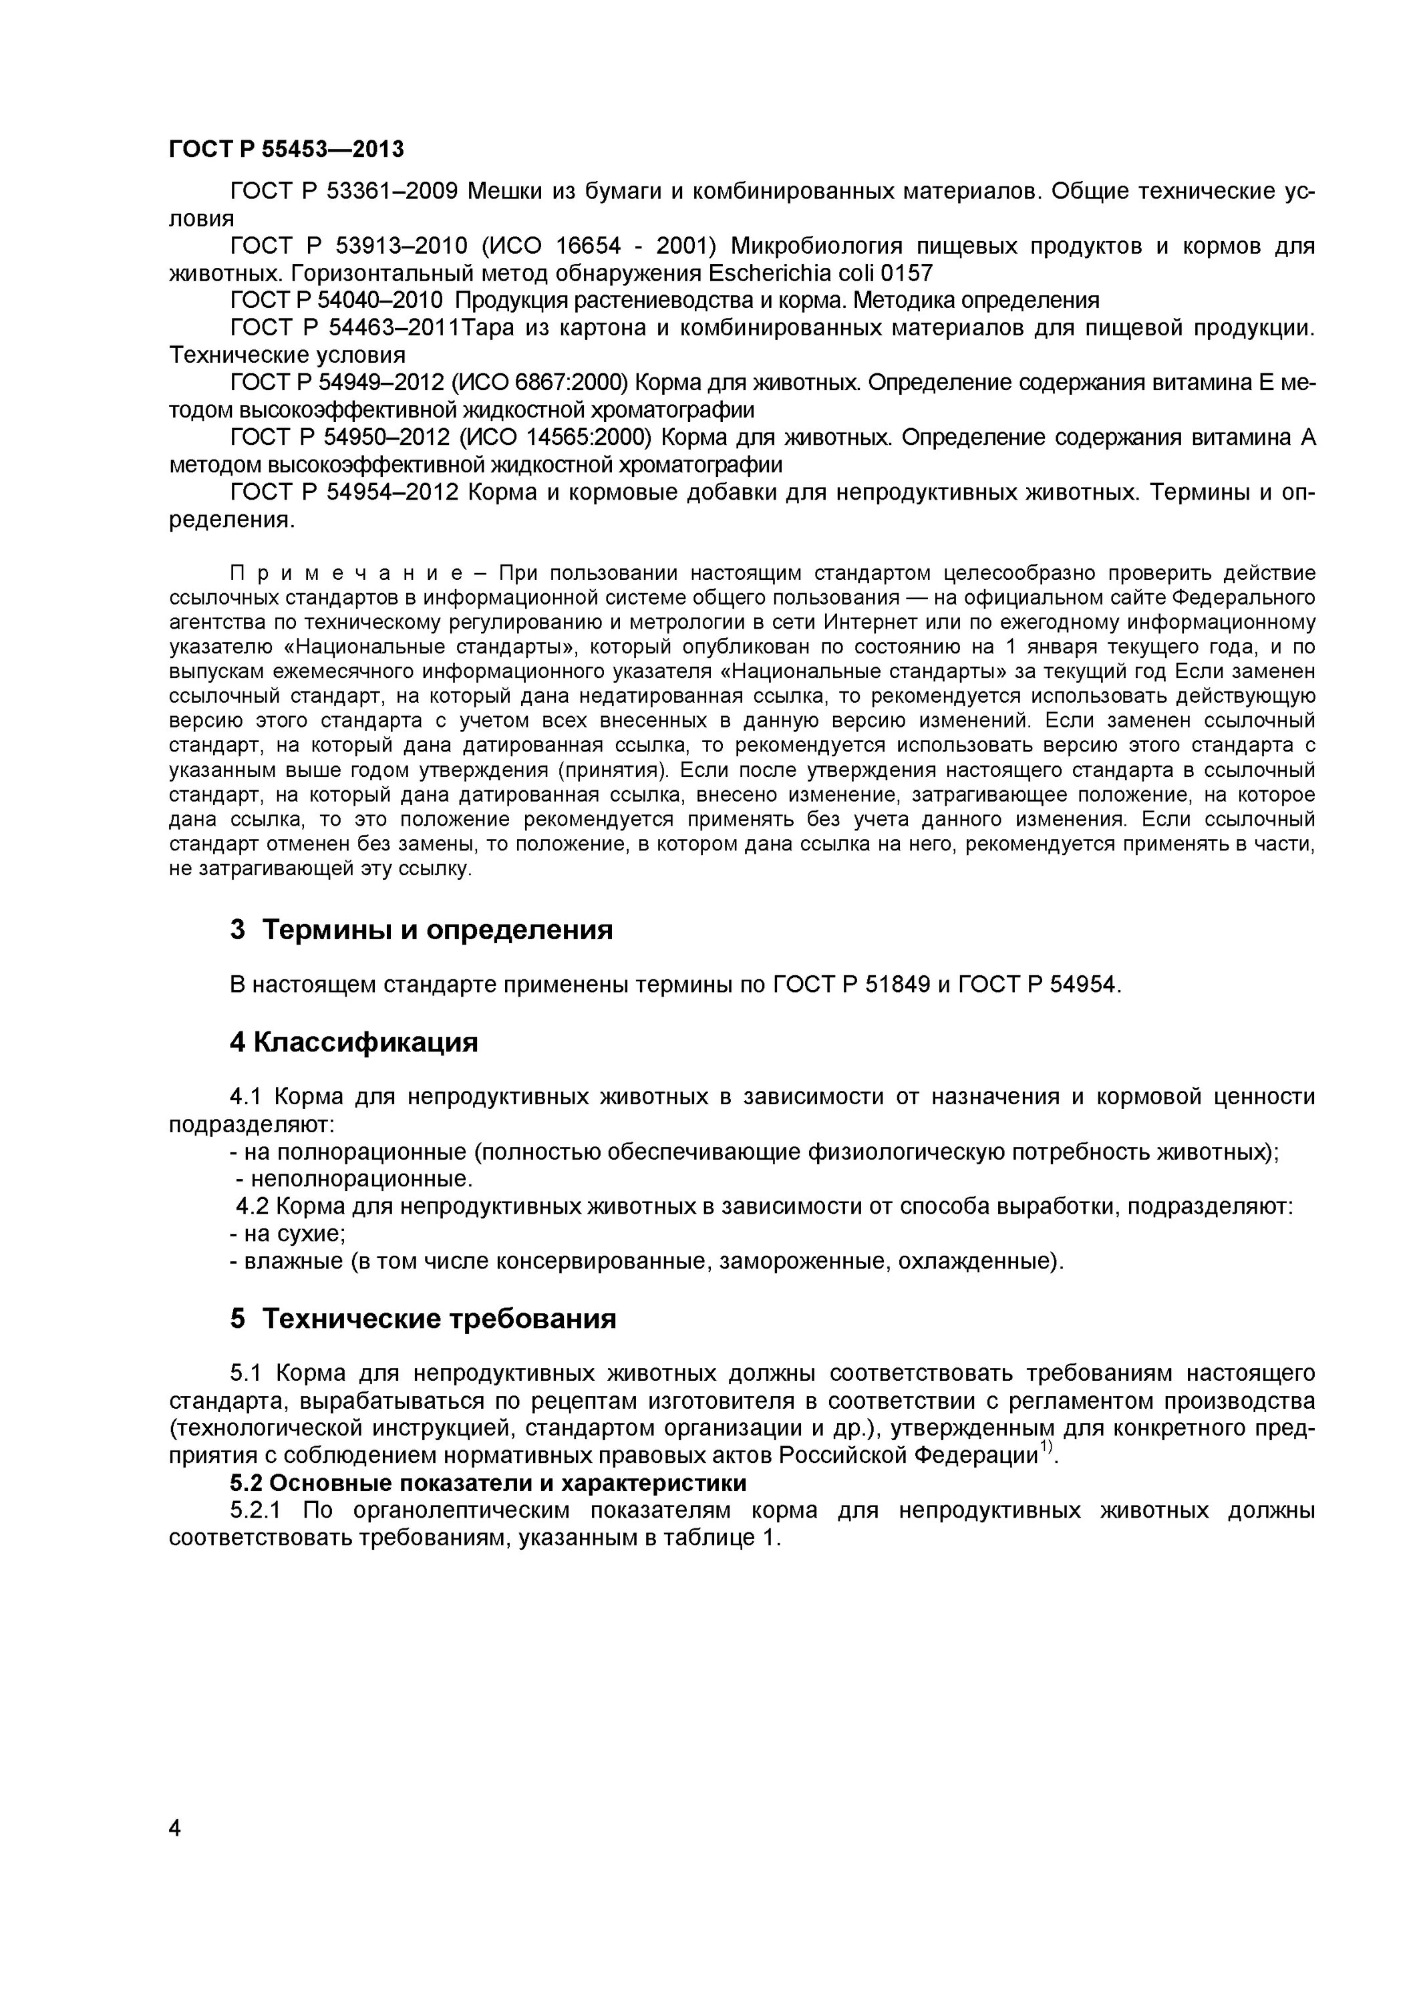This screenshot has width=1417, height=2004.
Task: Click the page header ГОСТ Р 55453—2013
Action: click(x=287, y=149)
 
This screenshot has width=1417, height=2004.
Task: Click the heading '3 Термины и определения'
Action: click(x=421, y=930)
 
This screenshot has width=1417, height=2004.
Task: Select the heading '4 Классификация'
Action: click(x=353, y=1042)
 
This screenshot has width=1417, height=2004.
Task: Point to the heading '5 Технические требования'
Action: click(x=423, y=1318)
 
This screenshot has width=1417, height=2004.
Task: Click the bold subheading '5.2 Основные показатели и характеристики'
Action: click(x=488, y=1483)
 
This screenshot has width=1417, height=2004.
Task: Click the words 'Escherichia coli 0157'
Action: click(x=820, y=273)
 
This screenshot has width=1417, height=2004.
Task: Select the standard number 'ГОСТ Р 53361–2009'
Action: click(x=344, y=191)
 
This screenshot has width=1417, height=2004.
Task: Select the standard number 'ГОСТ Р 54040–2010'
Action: click(x=337, y=300)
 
